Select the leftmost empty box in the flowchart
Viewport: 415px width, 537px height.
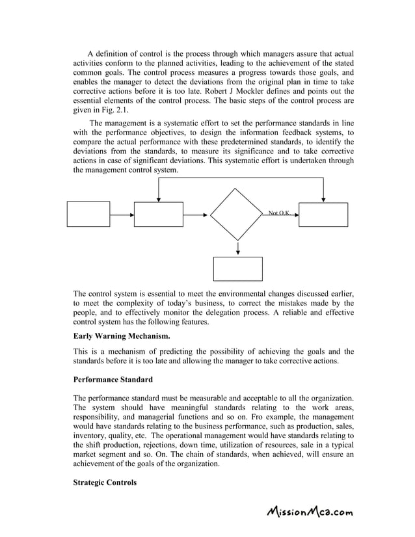[88, 214]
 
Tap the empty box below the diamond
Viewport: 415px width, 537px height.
[237, 268]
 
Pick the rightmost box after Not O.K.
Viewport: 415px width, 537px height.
[323, 214]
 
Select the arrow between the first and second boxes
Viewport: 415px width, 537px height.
[122, 214]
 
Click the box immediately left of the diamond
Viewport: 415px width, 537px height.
[158, 214]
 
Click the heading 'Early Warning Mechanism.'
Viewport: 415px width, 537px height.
[122, 336]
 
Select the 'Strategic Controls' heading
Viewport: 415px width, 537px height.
[105, 482]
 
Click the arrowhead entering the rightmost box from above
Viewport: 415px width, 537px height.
[323, 199]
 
